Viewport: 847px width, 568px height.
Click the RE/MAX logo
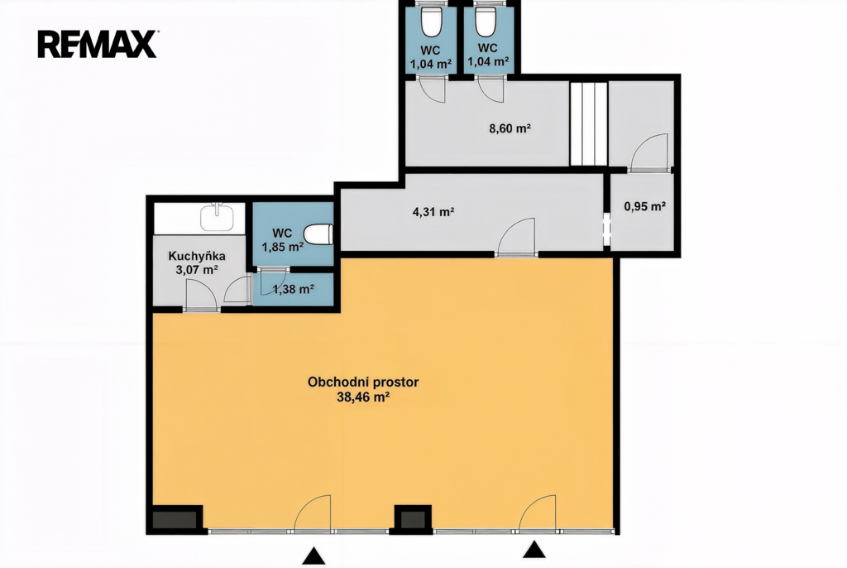pos(98,44)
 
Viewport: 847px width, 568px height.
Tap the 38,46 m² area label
pos(364,397)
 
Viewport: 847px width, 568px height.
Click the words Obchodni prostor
pos(363,382)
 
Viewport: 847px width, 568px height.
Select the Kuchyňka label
pos(197,256)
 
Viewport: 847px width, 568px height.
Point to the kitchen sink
pos(217,217)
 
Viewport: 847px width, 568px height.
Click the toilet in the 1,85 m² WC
pos(318,234)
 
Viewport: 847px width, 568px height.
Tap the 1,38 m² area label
pos(294,290)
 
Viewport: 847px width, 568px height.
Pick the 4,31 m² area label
pos(433,211)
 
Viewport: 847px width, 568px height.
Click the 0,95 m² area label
pos(644,206)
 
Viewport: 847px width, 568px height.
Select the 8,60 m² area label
pos(510,128)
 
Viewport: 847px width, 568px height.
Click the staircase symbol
pos(589,123)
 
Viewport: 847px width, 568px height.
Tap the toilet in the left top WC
pos(430,22)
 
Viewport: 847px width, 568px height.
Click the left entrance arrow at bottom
pos(313,556)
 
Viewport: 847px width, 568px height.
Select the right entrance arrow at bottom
pos(534,550)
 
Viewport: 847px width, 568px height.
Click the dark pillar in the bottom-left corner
pos(175,520)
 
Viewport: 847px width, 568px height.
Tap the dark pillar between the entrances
pos(413,519)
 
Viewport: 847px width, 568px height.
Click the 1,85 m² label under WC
pos(283,248)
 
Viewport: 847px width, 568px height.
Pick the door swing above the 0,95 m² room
pos(649,152)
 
